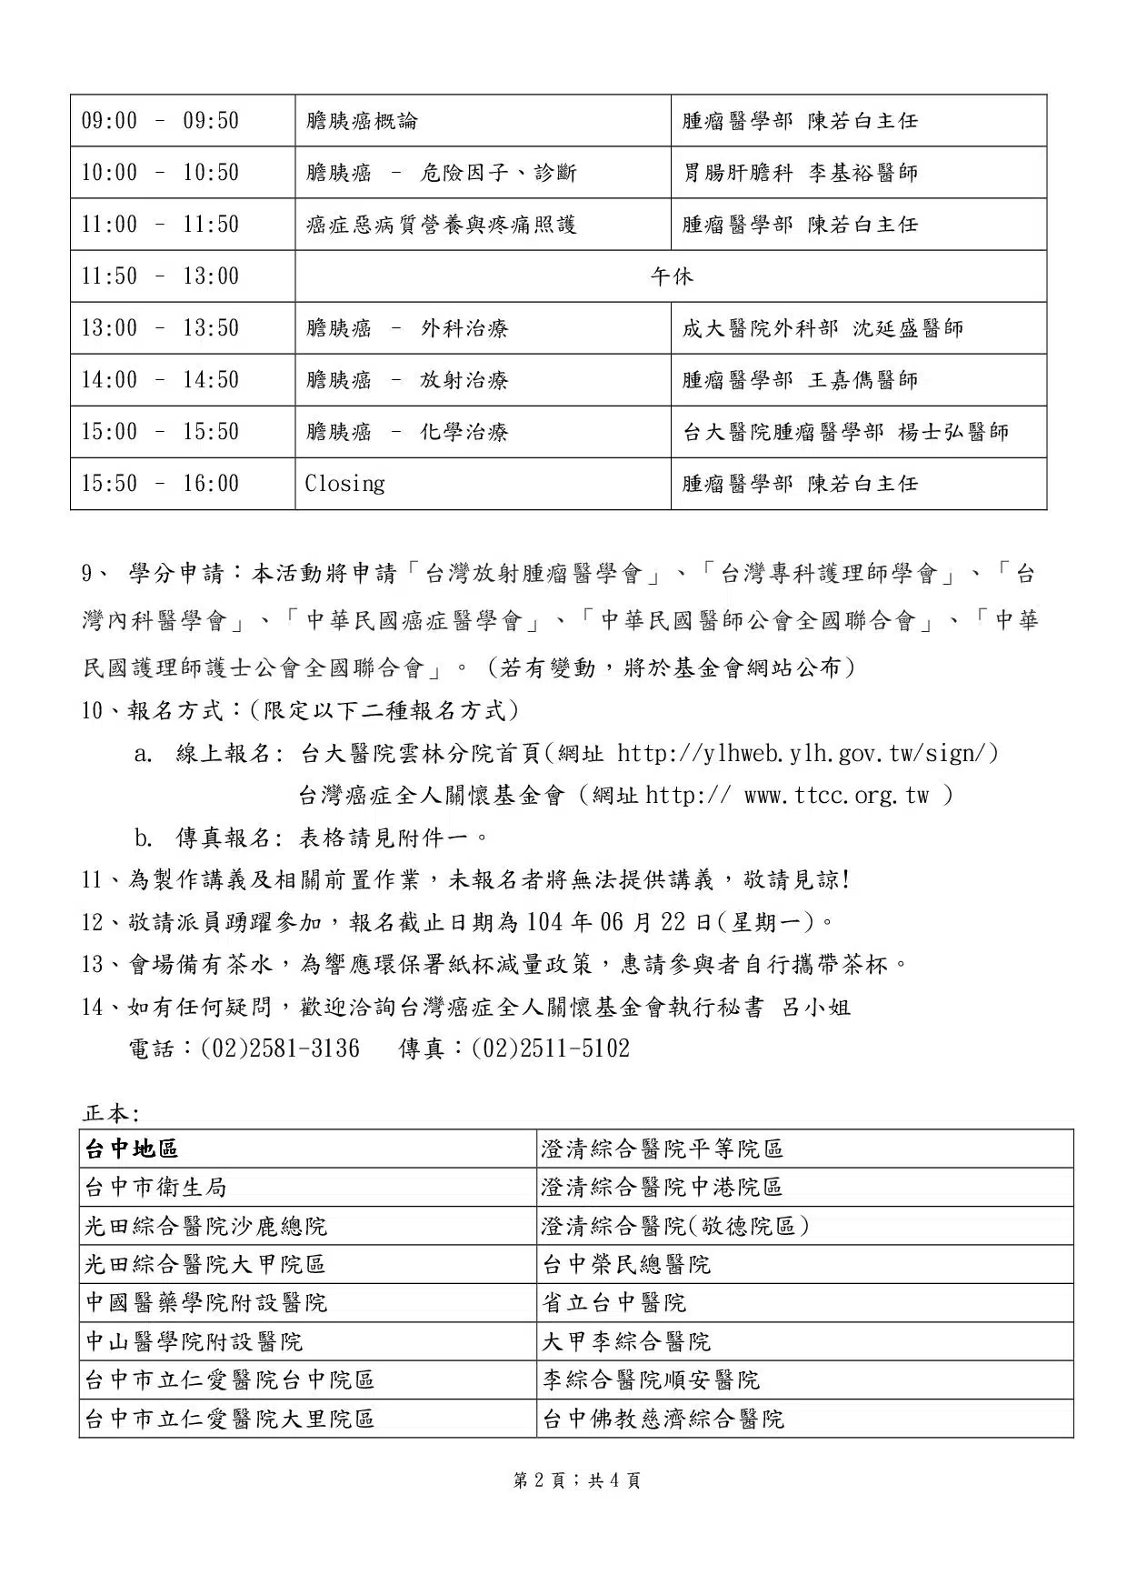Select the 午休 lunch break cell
click(671, 276)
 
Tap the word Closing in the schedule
click(344, 484)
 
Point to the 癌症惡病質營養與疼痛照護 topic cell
click(442, 225)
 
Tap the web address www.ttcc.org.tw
click(836, 796)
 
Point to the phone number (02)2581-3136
click(279, 1048)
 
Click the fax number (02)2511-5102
click(550, 1048)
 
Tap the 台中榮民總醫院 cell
click(626, 1265)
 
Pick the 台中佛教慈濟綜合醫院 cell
click(663, 1419)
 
